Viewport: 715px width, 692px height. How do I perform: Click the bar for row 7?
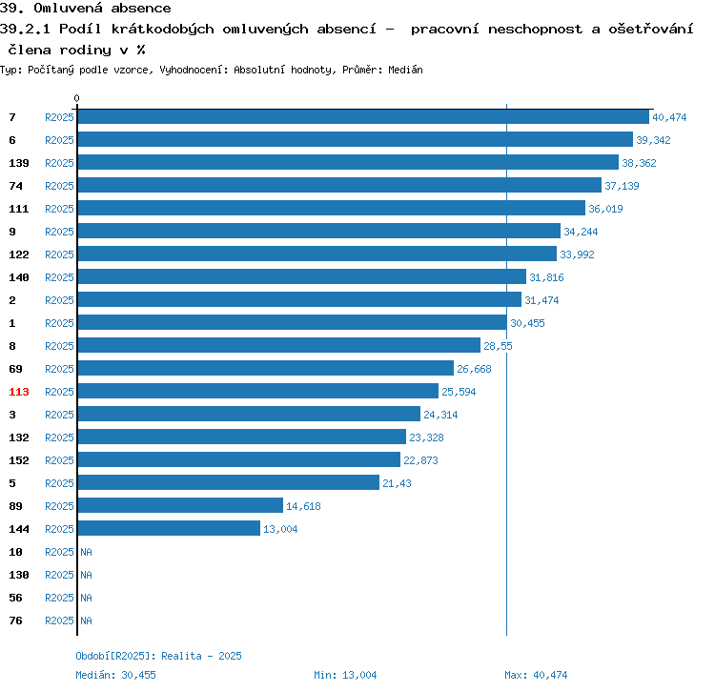click(x=363, y=117)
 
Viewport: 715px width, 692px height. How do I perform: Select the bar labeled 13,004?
click(x=169, y=529)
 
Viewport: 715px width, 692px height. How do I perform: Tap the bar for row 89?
click(x=180, y=506)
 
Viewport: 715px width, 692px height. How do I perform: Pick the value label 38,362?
click(x=639, y=163)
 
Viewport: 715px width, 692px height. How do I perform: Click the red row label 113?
click(x=19, y=392)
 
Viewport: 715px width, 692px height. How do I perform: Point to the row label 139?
click(x=19, y=163)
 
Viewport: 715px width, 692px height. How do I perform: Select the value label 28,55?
click(x=498, y=346)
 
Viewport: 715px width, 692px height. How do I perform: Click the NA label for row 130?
click(x=86, y=575)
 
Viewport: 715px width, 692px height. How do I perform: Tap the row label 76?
click(x=16, y=621)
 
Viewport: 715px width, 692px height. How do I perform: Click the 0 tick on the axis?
click(x=77, y=98)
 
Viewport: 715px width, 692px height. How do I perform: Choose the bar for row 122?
click(x=317, y=254)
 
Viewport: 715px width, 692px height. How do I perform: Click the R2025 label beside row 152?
click(x=59, y=460)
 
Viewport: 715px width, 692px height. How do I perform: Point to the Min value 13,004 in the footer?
click(x=359, y=675)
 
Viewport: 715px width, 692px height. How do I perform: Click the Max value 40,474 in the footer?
click(x=550, y=675)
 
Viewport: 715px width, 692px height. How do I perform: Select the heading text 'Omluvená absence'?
click(x=102, y=9)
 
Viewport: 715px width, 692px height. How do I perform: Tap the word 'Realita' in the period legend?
click(x=182, y=656)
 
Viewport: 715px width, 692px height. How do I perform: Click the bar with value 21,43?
click(x=228, y=483)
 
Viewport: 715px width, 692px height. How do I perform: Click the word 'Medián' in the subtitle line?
click(x=405, y=71)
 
